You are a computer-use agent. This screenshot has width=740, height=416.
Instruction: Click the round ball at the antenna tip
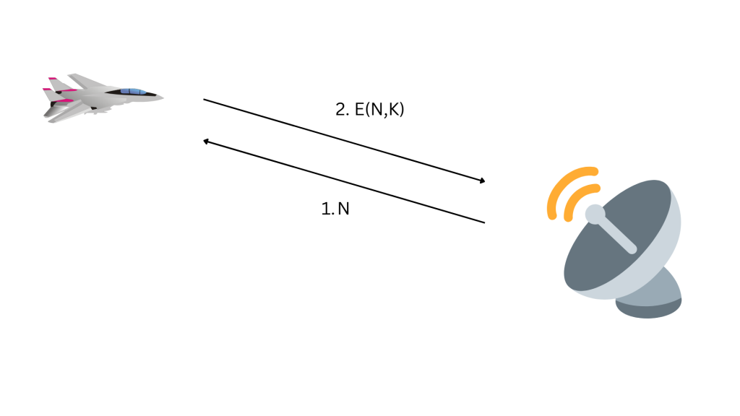coord(593,213)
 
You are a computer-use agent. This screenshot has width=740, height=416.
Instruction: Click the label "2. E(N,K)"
coord(369,110)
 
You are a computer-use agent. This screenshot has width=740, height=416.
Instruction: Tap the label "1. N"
coord(335,209)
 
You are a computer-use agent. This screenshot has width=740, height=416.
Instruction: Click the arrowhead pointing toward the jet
coord(206,142)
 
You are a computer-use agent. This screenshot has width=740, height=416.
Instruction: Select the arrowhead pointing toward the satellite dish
coord(482,181)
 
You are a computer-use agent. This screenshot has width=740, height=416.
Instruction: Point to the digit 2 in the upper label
coord(340,110)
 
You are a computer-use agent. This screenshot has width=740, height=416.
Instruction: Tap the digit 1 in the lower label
coord(324,209)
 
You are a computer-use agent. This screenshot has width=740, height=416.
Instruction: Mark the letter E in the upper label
coord(359,110)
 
